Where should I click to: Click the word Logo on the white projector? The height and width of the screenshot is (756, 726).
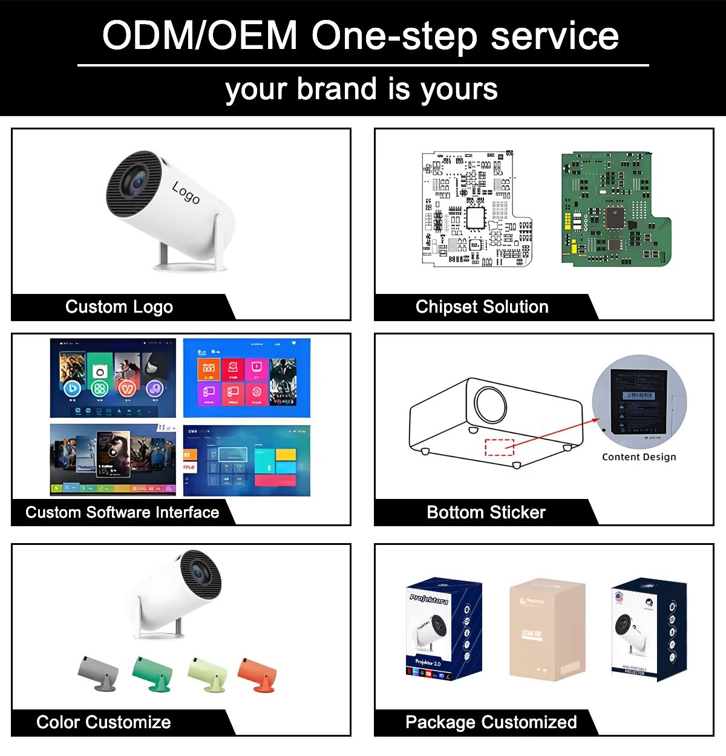186,192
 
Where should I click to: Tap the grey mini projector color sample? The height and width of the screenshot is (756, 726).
98,673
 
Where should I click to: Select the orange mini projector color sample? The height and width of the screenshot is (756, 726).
257,674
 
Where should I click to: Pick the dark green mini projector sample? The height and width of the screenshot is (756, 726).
152,673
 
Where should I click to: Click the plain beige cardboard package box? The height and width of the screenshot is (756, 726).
547,629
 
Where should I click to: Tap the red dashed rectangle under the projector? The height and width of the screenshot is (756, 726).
500,447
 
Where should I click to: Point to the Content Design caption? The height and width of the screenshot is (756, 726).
639,457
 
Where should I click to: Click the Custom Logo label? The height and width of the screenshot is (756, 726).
119,307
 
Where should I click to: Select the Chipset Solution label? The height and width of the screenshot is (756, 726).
482,307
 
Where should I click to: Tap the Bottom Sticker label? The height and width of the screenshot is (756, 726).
486,513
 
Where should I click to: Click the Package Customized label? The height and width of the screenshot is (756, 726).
491,722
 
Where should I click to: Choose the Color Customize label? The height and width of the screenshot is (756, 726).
103,722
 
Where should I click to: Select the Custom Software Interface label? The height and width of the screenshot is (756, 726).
122,513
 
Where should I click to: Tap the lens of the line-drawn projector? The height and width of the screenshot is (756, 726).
491,402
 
